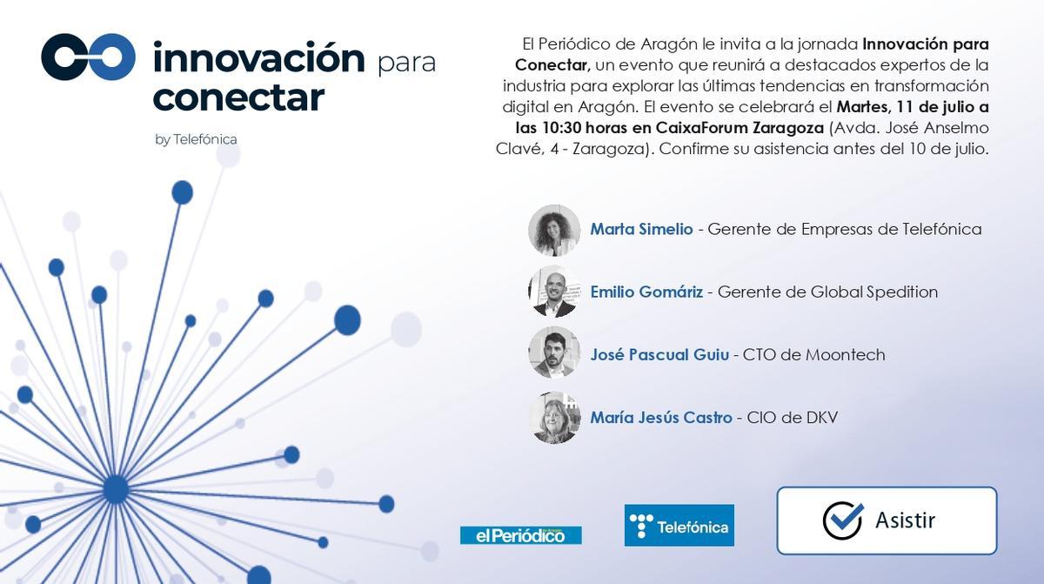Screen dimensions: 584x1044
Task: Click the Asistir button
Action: click(x=887, y=520)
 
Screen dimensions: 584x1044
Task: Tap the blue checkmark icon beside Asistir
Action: click(x=842, y=520)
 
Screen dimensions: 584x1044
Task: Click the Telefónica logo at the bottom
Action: click(x=679, y=526)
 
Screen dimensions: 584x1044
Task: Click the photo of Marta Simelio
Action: click(x=554, y=230)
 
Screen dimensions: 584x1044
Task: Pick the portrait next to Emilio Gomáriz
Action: click(x=554, y=292)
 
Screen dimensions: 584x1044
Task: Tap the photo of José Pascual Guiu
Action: click(x=554, y=352)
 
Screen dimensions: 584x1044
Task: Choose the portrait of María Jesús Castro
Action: click(x=554, y=417)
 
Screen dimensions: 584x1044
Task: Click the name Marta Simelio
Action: click(x=641, y=229)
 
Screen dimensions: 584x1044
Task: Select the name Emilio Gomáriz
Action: click(x=646, y=292)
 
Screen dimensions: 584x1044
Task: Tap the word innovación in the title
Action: click(x=258, y=58)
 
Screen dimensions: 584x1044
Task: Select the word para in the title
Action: click(x=406, y=64)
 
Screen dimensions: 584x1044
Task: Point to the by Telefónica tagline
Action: click(x=196, y=139)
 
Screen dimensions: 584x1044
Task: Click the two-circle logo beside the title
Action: click(x=88, y=57)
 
